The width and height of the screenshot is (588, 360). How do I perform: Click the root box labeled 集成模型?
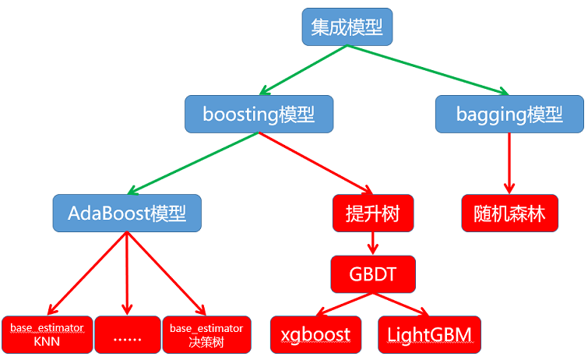point(347,27)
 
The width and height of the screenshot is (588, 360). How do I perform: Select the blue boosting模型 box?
point(259,114)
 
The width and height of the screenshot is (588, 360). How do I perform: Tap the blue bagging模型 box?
point(509,114)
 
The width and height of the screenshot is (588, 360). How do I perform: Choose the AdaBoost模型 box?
point(127,213)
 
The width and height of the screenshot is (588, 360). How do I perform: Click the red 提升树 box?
point(371,213)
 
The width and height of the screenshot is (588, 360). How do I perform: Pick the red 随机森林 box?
point(509,213)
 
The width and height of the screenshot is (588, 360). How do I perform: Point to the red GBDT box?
point(372,274)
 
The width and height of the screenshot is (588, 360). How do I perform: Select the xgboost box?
point(315,334)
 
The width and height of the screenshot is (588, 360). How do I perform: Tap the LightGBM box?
point(429,334)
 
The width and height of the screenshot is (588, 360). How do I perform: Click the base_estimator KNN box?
point(47,334)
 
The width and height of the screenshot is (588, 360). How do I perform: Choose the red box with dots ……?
point(127,334)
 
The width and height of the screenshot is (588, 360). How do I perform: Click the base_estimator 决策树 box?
point(206,334)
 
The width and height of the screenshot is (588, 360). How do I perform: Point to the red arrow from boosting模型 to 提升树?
point(315,163)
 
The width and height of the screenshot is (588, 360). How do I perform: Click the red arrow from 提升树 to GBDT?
point(372,243)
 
